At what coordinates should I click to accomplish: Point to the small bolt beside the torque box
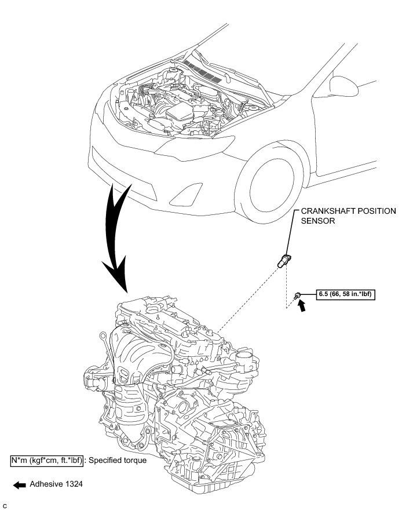298,295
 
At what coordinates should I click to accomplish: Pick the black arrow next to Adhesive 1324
19,485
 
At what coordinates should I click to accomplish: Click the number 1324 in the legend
74,484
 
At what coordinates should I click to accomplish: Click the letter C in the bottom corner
5,506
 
